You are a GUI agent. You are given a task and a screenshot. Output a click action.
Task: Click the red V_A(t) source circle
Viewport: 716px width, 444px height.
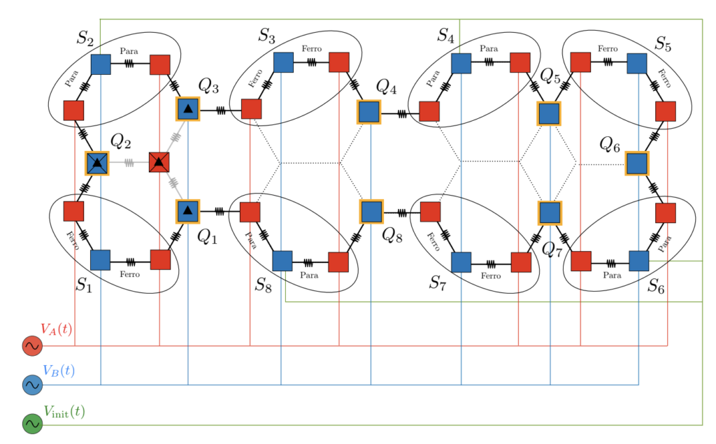point(32,345)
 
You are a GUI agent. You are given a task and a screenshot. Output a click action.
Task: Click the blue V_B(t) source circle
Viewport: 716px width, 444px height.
point(32,385)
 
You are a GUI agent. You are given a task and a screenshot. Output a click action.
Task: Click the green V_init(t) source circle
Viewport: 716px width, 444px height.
point(32,424)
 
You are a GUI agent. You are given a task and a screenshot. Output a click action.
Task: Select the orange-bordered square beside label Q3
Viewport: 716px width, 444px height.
point(187,109)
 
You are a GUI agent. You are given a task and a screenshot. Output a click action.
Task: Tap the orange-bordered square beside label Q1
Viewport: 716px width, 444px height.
point(187,210)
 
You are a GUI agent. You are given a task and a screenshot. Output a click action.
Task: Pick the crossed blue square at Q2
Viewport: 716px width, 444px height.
point(97,163)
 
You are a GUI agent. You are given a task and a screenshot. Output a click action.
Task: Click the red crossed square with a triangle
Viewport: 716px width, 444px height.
point(159,163)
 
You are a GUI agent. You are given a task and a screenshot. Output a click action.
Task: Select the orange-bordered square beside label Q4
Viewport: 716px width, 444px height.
point(369,112)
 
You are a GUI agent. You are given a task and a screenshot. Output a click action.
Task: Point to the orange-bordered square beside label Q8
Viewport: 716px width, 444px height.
point(371,211)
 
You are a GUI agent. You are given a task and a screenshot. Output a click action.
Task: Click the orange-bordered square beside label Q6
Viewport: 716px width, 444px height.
point(636,163)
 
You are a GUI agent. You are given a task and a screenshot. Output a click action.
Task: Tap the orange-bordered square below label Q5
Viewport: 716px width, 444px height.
point(549,113)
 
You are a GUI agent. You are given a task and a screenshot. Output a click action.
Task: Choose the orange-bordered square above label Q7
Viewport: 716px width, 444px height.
point(550,212)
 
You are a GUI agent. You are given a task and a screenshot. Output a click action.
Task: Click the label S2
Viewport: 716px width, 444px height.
point(85,38)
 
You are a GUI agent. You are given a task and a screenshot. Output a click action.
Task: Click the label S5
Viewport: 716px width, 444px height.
point(663,44)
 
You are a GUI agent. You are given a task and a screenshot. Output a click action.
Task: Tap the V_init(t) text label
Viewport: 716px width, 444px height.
point(64,412)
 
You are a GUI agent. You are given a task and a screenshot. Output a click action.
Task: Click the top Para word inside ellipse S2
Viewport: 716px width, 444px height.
point(129,51)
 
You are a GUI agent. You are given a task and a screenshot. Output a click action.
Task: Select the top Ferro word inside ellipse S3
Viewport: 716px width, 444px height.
point(311,48)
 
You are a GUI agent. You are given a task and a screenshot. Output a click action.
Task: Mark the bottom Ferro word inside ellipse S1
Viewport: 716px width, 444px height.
point(130,274)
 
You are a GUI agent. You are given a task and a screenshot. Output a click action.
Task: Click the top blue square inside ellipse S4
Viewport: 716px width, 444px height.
point(461,63)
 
